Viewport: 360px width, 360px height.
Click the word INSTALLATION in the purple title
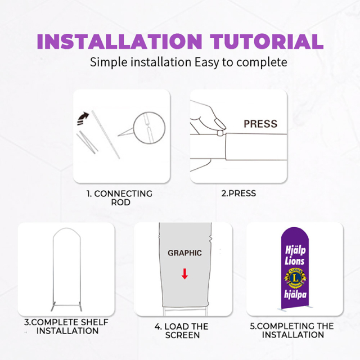120,42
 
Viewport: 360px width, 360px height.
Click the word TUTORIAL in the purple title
267,42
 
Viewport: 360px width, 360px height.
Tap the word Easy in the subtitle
206,62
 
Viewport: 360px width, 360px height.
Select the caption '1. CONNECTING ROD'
119,198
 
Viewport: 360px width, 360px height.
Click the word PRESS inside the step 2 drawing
260,124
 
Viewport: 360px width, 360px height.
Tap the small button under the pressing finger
220,133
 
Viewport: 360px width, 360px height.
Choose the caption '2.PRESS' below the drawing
238,193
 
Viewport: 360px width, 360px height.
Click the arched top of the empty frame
67,229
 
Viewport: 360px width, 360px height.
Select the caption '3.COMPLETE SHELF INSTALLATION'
66,326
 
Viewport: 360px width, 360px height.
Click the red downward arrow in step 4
184,274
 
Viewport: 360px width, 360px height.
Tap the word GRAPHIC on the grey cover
184,253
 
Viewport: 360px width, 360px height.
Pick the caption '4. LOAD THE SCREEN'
182,331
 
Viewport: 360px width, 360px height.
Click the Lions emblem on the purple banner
295,278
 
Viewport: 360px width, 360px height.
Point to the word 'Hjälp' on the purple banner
295,250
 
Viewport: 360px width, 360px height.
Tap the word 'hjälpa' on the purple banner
295,294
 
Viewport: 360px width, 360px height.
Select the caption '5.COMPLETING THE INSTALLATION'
292,330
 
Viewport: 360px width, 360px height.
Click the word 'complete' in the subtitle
262,62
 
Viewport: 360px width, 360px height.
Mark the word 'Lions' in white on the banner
295,261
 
